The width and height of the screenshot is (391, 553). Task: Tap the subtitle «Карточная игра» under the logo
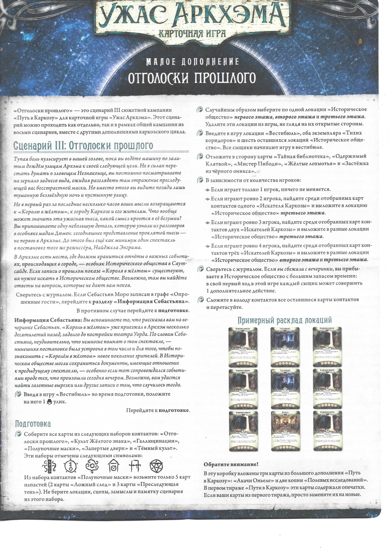tap(192, 33)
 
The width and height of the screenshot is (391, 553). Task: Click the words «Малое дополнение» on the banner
tap(192, 61)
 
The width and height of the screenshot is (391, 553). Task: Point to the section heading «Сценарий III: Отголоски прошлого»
tap(83, 146)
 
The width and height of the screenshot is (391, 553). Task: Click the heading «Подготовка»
tap(33, 423)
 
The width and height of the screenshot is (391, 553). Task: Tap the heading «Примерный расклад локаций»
tap(284, 320)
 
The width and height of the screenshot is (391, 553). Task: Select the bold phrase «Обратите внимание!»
tap(231, 464)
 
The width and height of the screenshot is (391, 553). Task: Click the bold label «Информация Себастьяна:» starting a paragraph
tap(48, 320)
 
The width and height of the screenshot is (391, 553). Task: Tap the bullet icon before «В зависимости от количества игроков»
tap(200, 181)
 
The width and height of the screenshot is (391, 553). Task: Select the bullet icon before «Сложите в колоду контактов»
tap(200, 300)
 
